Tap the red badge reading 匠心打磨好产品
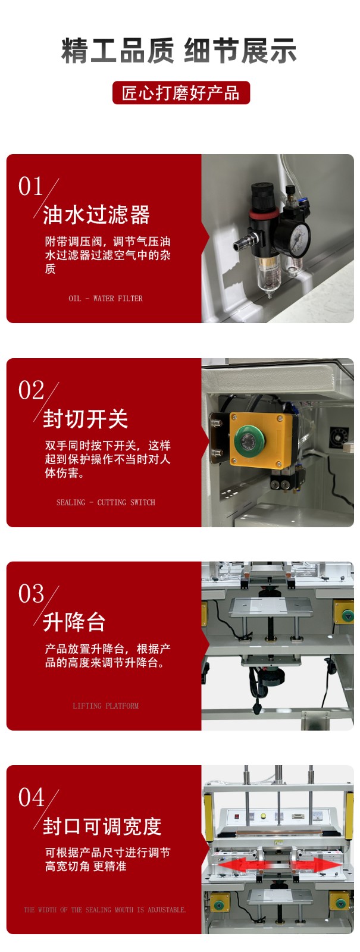(x=181, y=93)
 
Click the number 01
(x=30, y=187)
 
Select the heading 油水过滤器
(x=96, y=214)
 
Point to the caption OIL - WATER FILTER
(x=106, y=298)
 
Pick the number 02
(x=31, y=390)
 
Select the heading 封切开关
(x=86, y=419)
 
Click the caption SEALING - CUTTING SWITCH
(x=106, y=502)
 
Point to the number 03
(x=31, y=594)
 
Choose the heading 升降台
(x=74, y=622)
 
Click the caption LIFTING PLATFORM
(x=106, y=706)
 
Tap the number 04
(x=31, y=798)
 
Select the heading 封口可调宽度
(x=102, y=826)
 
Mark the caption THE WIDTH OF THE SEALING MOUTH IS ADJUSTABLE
(x=105, y=910)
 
